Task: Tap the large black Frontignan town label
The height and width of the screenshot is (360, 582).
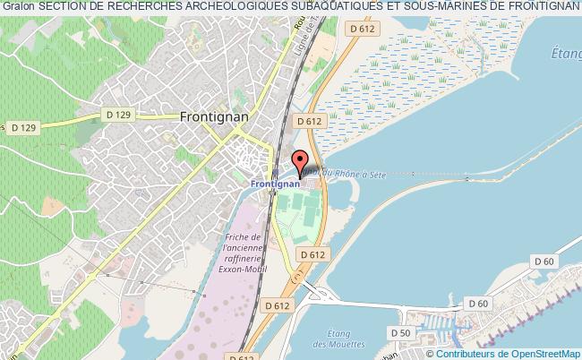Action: (214, 116)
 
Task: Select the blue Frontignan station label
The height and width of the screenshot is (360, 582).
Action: (273, 185)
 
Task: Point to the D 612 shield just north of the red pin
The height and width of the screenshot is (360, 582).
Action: (307, 121)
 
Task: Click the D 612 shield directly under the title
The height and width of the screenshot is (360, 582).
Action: (362, 29)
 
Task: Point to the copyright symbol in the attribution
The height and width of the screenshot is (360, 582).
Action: (431, 353)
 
